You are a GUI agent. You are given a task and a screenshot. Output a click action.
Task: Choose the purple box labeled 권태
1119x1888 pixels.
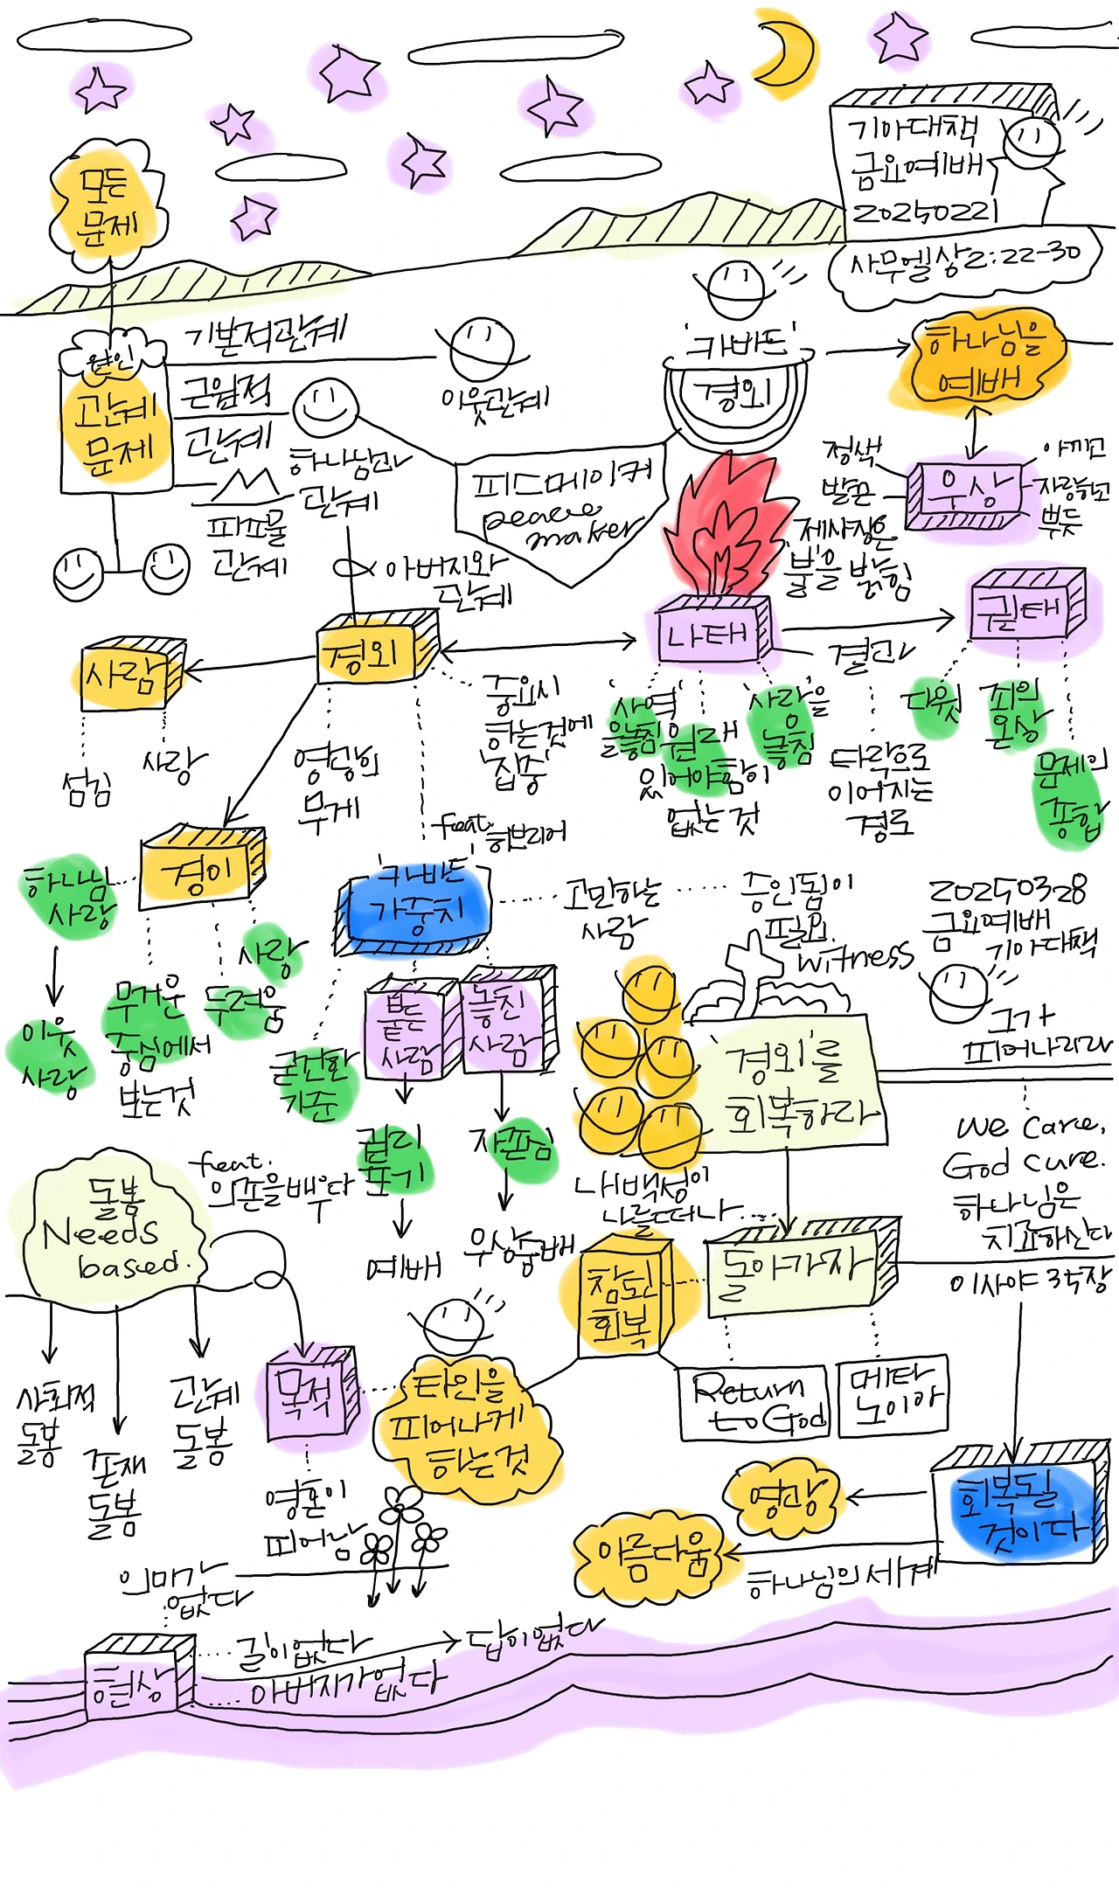(x=1025, y=605)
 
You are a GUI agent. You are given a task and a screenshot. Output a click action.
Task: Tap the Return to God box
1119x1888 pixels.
(x=752, y=1402)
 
